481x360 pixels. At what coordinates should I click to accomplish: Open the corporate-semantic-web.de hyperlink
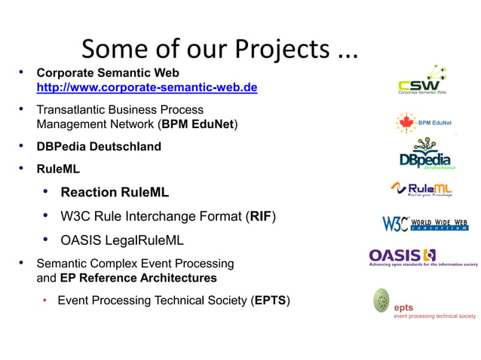tap(147, 88)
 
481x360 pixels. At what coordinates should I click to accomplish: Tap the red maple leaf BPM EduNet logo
tap(406, 122)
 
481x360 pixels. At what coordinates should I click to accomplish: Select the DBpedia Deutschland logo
tap(427, 154)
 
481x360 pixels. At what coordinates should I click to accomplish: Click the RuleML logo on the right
tap(422, 189)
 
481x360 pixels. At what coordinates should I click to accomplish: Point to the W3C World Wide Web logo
tap(424, 224)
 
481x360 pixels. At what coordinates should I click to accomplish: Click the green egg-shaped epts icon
tap(382, 301)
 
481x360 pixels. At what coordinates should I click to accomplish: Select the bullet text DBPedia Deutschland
tap(99, 146)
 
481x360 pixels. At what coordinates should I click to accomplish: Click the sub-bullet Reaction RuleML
tap(115, 192)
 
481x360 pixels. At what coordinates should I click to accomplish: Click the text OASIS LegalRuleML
tap(121, 241)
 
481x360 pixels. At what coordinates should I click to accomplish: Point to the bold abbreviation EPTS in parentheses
tap(271, 301)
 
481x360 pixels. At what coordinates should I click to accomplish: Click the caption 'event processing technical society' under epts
tap(435, 316)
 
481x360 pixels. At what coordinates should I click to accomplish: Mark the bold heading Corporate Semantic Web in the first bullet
tap(108, 73)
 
